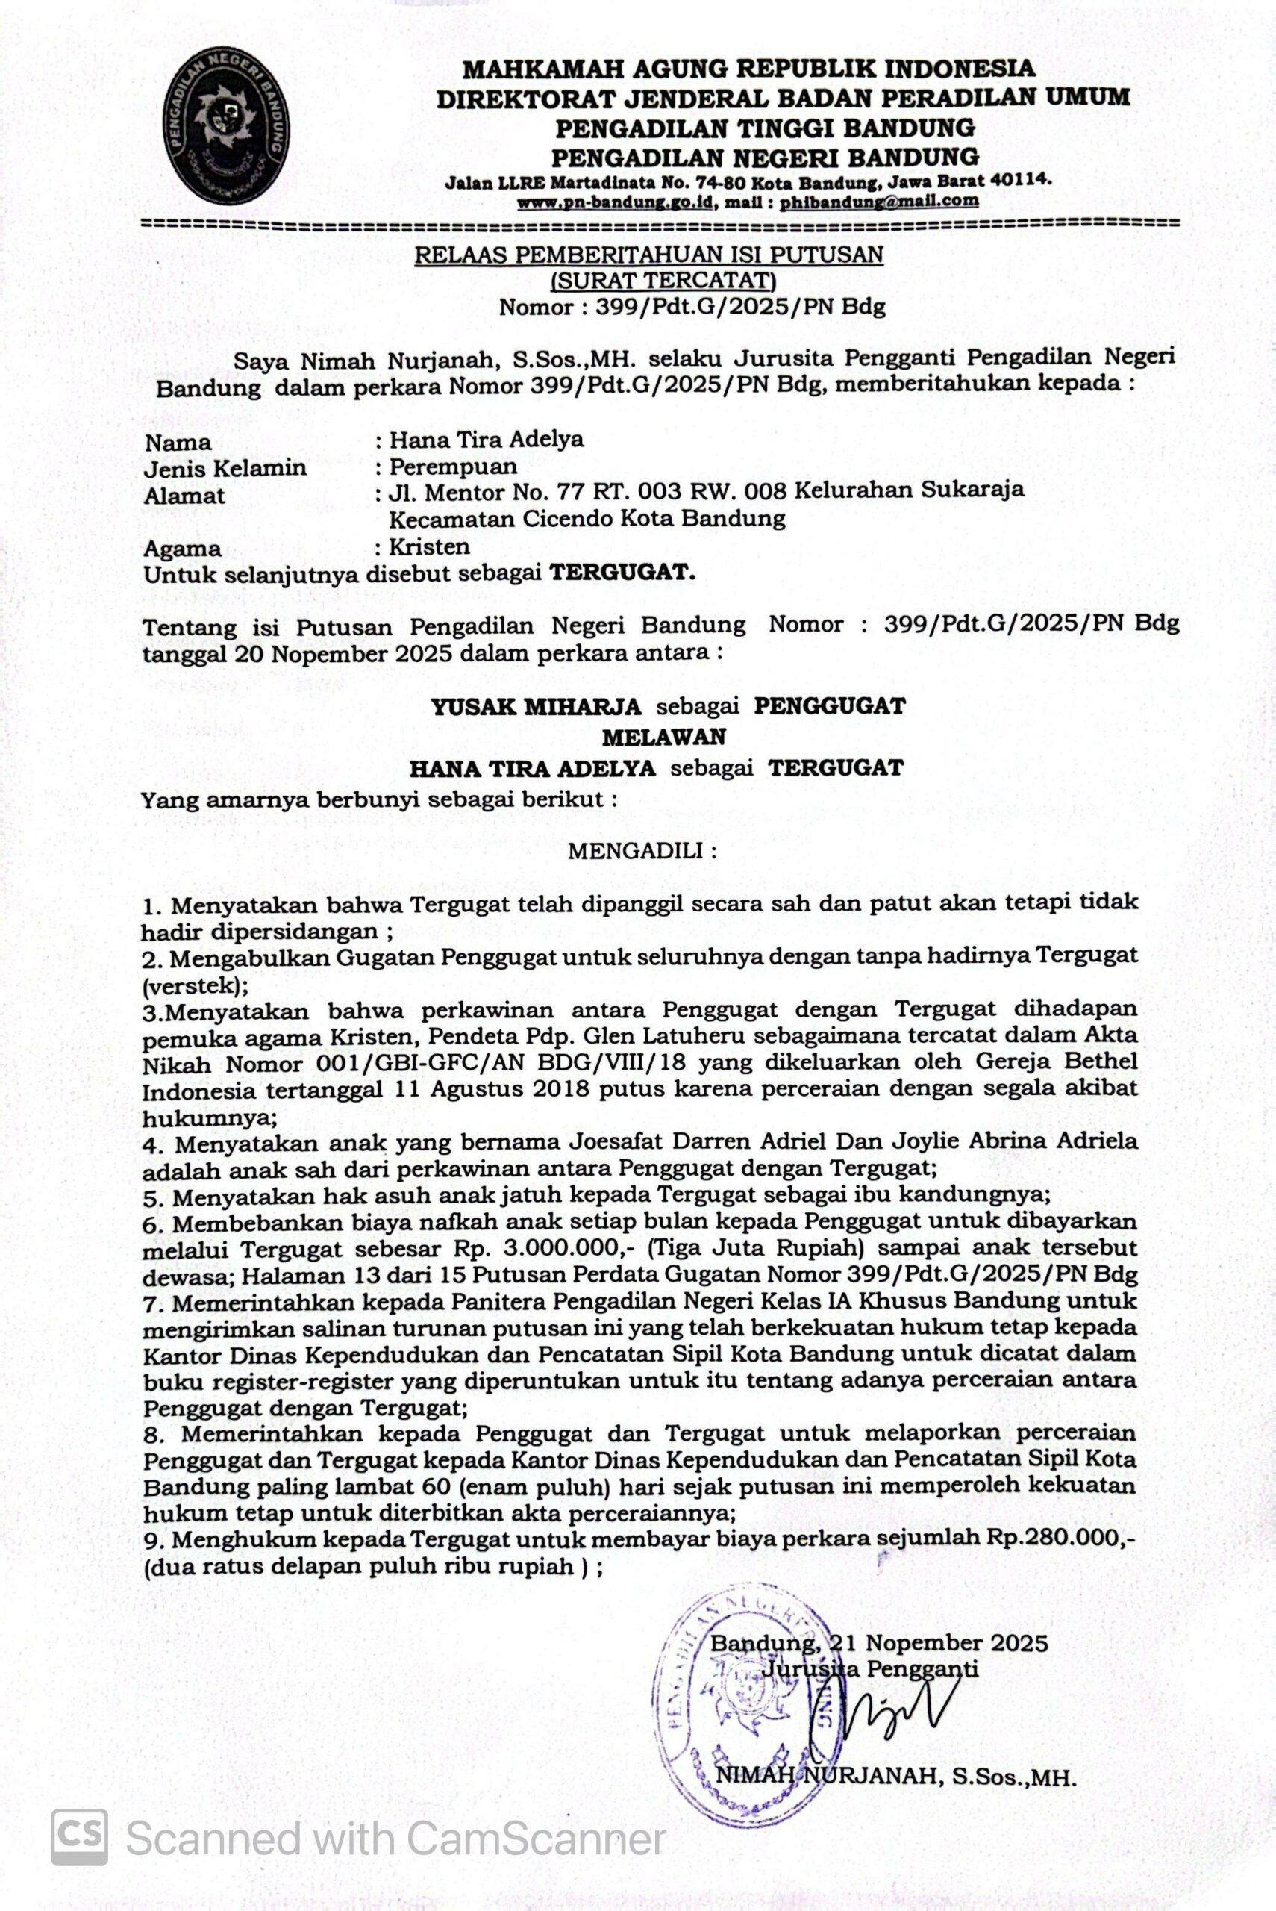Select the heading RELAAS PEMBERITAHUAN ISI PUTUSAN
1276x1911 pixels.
pyautogui.click(x=648, y=255)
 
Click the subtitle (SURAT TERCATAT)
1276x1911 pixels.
pyautogui.click(x=663, y=281)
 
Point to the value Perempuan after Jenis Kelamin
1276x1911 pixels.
pyautogui.click(x=452, y=467)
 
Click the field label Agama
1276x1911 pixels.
pyautogui.click(x=182, y=549)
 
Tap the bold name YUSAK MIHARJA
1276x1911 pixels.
pyautogui.click(x=536, y=705)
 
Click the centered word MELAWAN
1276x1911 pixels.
pyautogui.click(x=663, y=737)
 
